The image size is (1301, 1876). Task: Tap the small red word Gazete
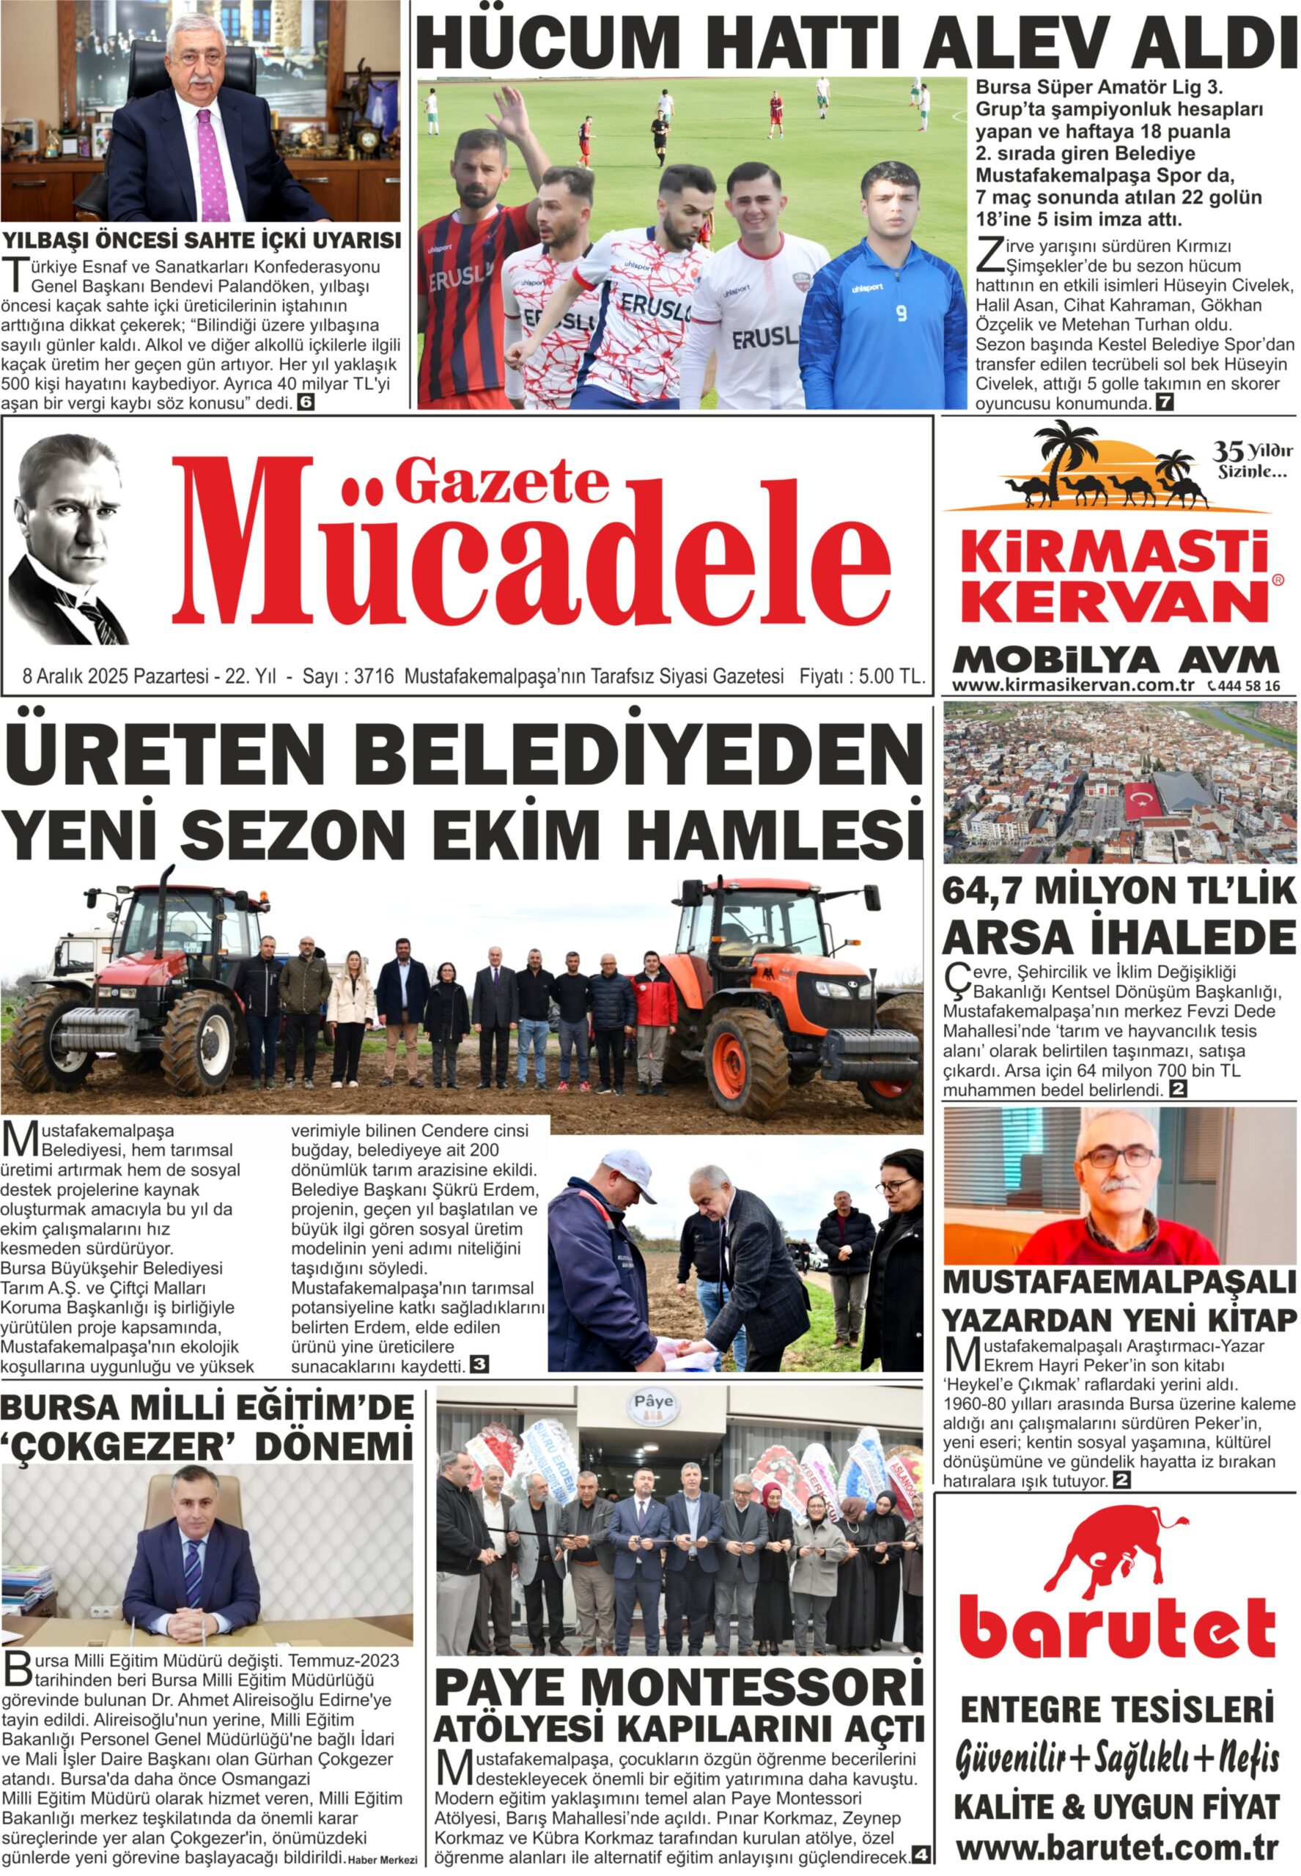(x=501, y=483)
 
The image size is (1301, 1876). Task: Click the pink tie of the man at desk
(x=211, y=167)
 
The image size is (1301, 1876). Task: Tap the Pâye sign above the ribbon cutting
(x=654, y=1402)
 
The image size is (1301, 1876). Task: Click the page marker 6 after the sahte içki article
(x=305, y=402)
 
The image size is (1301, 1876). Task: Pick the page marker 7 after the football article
(x=1164, y=402)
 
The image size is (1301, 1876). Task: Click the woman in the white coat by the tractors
(x=351, y=1015)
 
